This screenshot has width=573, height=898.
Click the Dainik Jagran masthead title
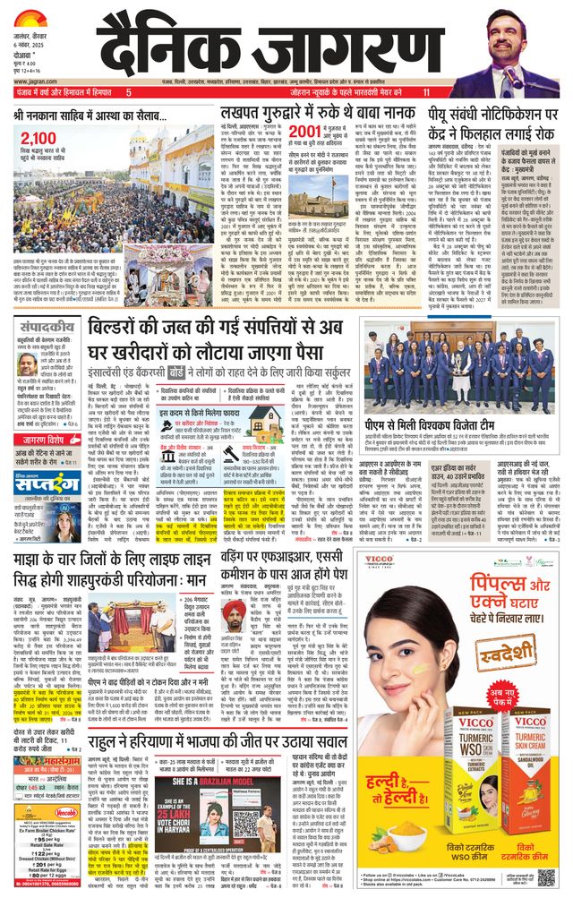[x=289, y=44]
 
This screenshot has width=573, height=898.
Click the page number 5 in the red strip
[x=128, y=92]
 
